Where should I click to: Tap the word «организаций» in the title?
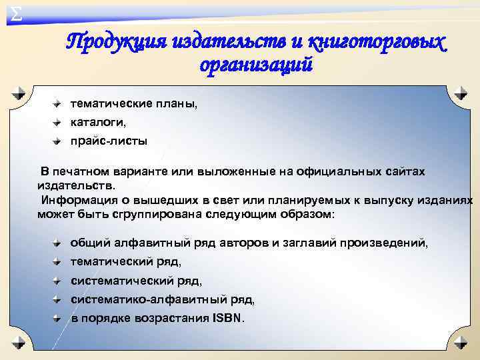[255, 65]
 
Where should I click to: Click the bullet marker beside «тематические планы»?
[58, 104]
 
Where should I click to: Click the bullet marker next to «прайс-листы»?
[58, 141]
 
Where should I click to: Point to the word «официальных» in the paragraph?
[343, 172]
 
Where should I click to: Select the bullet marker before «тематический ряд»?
[58, 263]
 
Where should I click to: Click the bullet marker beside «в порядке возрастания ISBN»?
[58, 319]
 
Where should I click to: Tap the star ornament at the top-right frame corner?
[460, 93]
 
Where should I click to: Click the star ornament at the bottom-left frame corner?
[19, 342]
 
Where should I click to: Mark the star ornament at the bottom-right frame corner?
[460, 342]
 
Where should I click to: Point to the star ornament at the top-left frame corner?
[19, 93]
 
